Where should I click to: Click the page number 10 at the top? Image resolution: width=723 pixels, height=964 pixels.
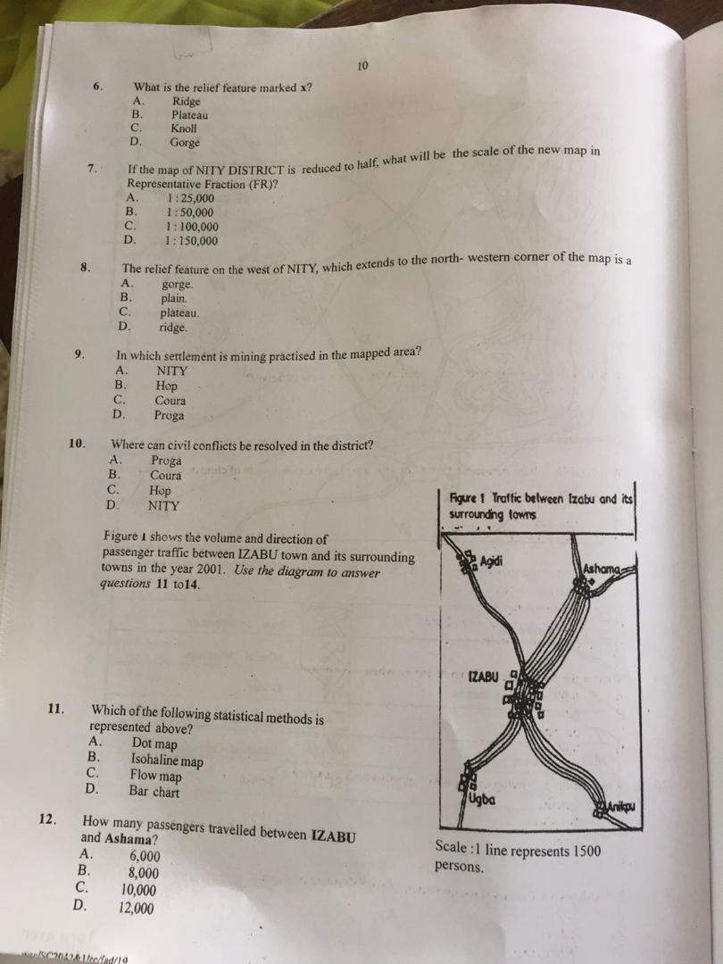[x=361, y=66]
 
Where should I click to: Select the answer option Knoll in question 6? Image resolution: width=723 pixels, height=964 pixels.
[x=183, y=129]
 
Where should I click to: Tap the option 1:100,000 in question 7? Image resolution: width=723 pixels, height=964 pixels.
[x=192, y=227]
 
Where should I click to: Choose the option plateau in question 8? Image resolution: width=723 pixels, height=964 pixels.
[x=179, y=313]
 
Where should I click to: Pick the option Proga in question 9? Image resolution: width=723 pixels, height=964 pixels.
[x=169, y=416]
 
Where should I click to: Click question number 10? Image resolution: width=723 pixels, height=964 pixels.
[x=77, y=443]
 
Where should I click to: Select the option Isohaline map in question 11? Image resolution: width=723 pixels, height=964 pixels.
[x=167, y=761]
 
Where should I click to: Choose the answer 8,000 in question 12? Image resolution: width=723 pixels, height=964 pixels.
[x=144, y=874]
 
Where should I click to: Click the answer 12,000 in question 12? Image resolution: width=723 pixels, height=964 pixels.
[x=136, y=909]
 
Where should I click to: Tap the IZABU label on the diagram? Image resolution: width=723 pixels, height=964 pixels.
[x=482, y=677]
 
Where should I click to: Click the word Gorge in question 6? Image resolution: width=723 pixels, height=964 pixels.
[x=185, y=142]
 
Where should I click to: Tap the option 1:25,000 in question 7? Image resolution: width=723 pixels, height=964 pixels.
[x=190, y=198]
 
